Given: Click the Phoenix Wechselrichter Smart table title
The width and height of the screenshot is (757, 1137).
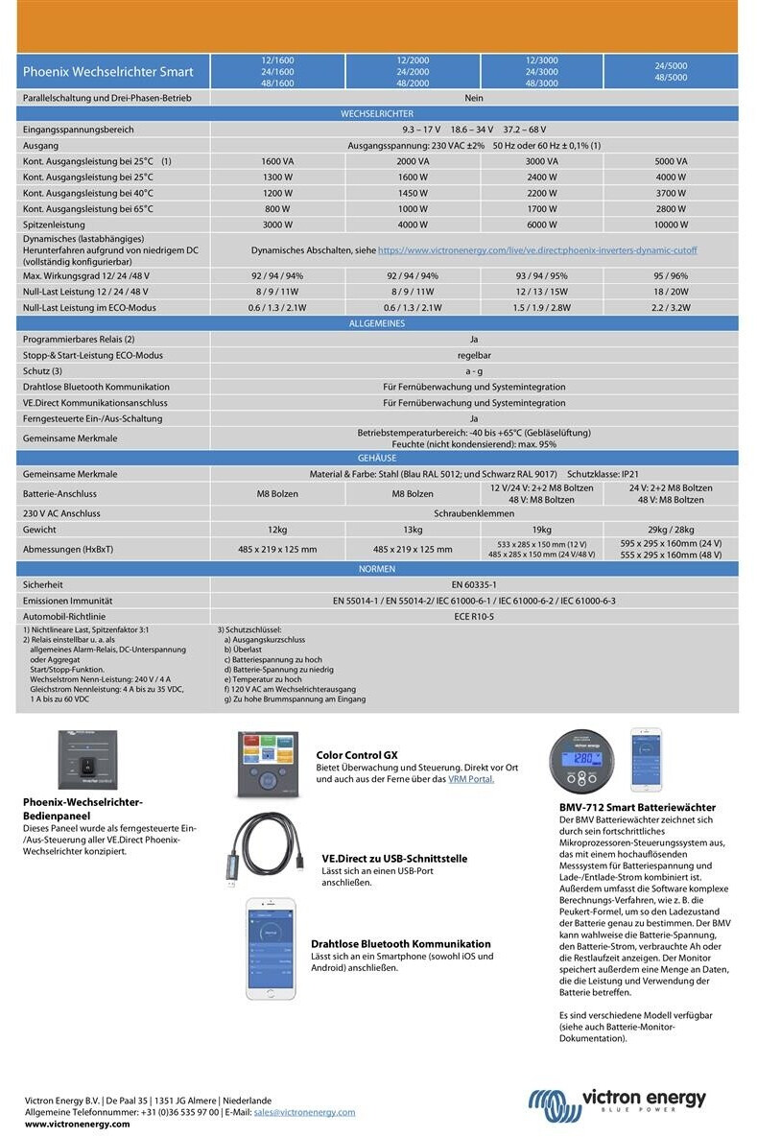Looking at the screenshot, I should pyautogui.click(x=107, y=72).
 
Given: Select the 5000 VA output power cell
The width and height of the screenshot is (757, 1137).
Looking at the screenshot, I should pyautogui.click(x=671, y=161).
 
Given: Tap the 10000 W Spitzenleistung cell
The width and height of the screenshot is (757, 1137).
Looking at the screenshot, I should pyautogui.click(x=671, y=225).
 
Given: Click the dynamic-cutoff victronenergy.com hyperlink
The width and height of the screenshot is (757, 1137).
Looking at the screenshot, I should pyautogui.click(x=537, y=249).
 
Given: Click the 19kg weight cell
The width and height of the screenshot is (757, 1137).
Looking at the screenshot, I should pyautogui.click(x=542, y=530).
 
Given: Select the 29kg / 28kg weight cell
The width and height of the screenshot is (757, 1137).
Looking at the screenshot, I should pyautogui.click(x=671, y=530).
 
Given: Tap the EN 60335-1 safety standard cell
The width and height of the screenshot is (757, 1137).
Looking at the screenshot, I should pyautogui.click(x=474, y=583).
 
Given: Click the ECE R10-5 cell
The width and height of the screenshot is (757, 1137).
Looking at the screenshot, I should pyautogui.click(x=474, y=616).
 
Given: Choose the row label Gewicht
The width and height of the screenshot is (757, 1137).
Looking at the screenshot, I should pyautogui.click(x=39, y=530).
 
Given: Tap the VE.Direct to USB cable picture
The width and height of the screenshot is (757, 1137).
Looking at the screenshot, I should pyautogui.click(x=272, y=850).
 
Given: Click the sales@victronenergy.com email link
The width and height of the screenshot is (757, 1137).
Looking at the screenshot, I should pyautogui.click(x=304, y=1112).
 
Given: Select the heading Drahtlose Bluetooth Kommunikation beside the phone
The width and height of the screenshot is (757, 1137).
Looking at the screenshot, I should pyautogui.click(x=400, y=944).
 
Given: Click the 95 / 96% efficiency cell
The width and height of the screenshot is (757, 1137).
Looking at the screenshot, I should pyautogui.click(x=671, y=275).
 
